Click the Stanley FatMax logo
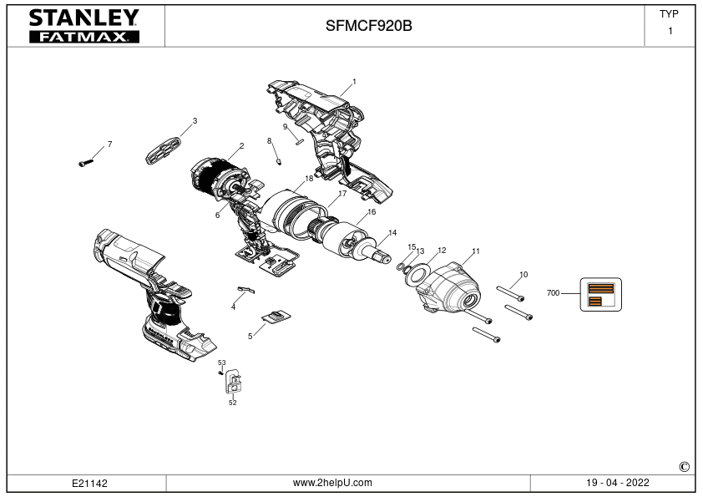pyautogui.click(x=84, y=26)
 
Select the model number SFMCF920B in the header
pyautogui.click(x=368, y=26)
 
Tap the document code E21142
pyautogui.click(x=89, y=484)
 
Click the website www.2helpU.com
pyautogui.click(x=332, y=483)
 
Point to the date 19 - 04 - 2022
pyautogui.click(x=617, y=483)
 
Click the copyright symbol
pyautogui.click(x=684, y=467)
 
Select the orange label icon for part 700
pyautogui.click(x=601, y=294)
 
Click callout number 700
pyautogui.click(x=553, y=293)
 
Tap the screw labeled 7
pyautogui.click(x=86, y=163)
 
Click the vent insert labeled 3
pyautogui.click(x=164, y=150)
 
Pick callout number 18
pyautogui.click(x=309, y=179)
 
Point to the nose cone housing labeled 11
pyautogui.click(x=448, y=289)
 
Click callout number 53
pyautogui.click(x=222, y=363)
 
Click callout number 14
pyautogui.click(x=392, y=233)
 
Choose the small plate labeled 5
pyautogui.click(x=276, y=317)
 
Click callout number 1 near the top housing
pyautogui.click(x=354, y=82)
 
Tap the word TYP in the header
pyautogui.click(x=669, y=14)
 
